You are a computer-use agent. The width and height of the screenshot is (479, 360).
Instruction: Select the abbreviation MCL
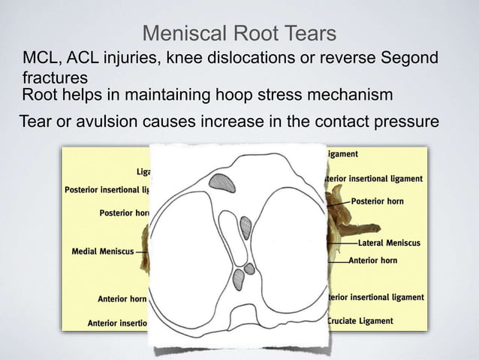click(40, 59)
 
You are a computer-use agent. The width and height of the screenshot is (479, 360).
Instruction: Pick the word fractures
click(55, 78)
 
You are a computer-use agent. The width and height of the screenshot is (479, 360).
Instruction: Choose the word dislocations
click(250, 59)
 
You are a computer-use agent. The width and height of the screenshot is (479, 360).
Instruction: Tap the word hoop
click(276, 95)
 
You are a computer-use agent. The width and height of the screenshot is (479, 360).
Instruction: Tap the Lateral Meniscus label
click(389, 244)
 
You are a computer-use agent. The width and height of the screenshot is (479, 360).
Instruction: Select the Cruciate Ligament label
click(360, 321)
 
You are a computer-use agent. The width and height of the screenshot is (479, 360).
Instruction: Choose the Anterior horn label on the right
click(373, 261)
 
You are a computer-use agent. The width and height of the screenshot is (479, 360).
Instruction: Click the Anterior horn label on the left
click(122, 299)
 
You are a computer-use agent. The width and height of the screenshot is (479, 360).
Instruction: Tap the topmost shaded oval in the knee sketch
click(221, 181)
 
